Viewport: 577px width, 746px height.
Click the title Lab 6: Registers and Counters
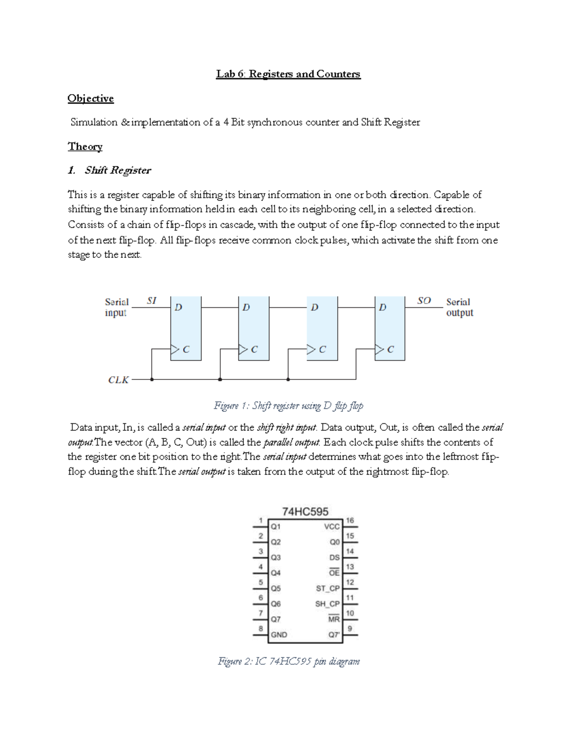click(x=288, y=74)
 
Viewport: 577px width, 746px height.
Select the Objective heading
click(x=90, y=98)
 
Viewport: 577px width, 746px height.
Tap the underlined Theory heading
click(x=85, y=147)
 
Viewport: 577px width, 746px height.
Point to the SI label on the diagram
click(x=151, y=301)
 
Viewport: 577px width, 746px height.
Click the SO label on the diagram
click(x=424, y=301)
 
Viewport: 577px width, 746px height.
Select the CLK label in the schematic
click(x=118, y=380)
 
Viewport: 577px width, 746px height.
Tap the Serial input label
click(x=116, y=307)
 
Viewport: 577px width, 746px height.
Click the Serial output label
click(x=459, y=307)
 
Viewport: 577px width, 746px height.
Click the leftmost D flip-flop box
click(x=186, y=329)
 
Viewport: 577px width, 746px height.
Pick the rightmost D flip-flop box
click(x=389, y=329)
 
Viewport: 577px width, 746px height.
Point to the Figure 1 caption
click(x=288, y=406)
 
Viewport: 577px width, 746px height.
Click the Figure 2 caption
click(x=288, y=661)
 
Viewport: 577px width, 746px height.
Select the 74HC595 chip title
click(x=305, y=512)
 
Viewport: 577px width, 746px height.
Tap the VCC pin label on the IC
click(x=332, y=527)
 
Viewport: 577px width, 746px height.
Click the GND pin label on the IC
click(x=279, y=635)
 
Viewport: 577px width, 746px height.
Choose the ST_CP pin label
click(x=327, y=588)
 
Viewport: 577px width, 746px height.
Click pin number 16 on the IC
click(x=350, y=521)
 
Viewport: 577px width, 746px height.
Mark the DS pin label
click(x=334, y=558)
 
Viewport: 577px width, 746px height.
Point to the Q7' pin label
click(x=334, y=635)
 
